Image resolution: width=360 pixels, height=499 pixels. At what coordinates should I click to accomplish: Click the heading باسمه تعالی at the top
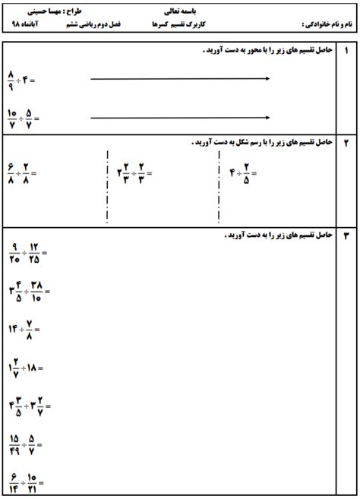coord(179,12)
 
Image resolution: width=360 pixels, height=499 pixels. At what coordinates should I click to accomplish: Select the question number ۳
coord(347,236)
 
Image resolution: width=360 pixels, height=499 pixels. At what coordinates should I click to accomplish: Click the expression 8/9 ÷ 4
coord(21,78)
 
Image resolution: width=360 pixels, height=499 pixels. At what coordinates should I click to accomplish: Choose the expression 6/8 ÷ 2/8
coord(21,172)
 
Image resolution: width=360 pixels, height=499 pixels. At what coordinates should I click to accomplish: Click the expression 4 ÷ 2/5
coord(243,172)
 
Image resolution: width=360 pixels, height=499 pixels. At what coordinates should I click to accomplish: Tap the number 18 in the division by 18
coord(33,368)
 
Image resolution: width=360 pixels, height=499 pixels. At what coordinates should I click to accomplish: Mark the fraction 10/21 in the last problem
coord(33,482)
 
